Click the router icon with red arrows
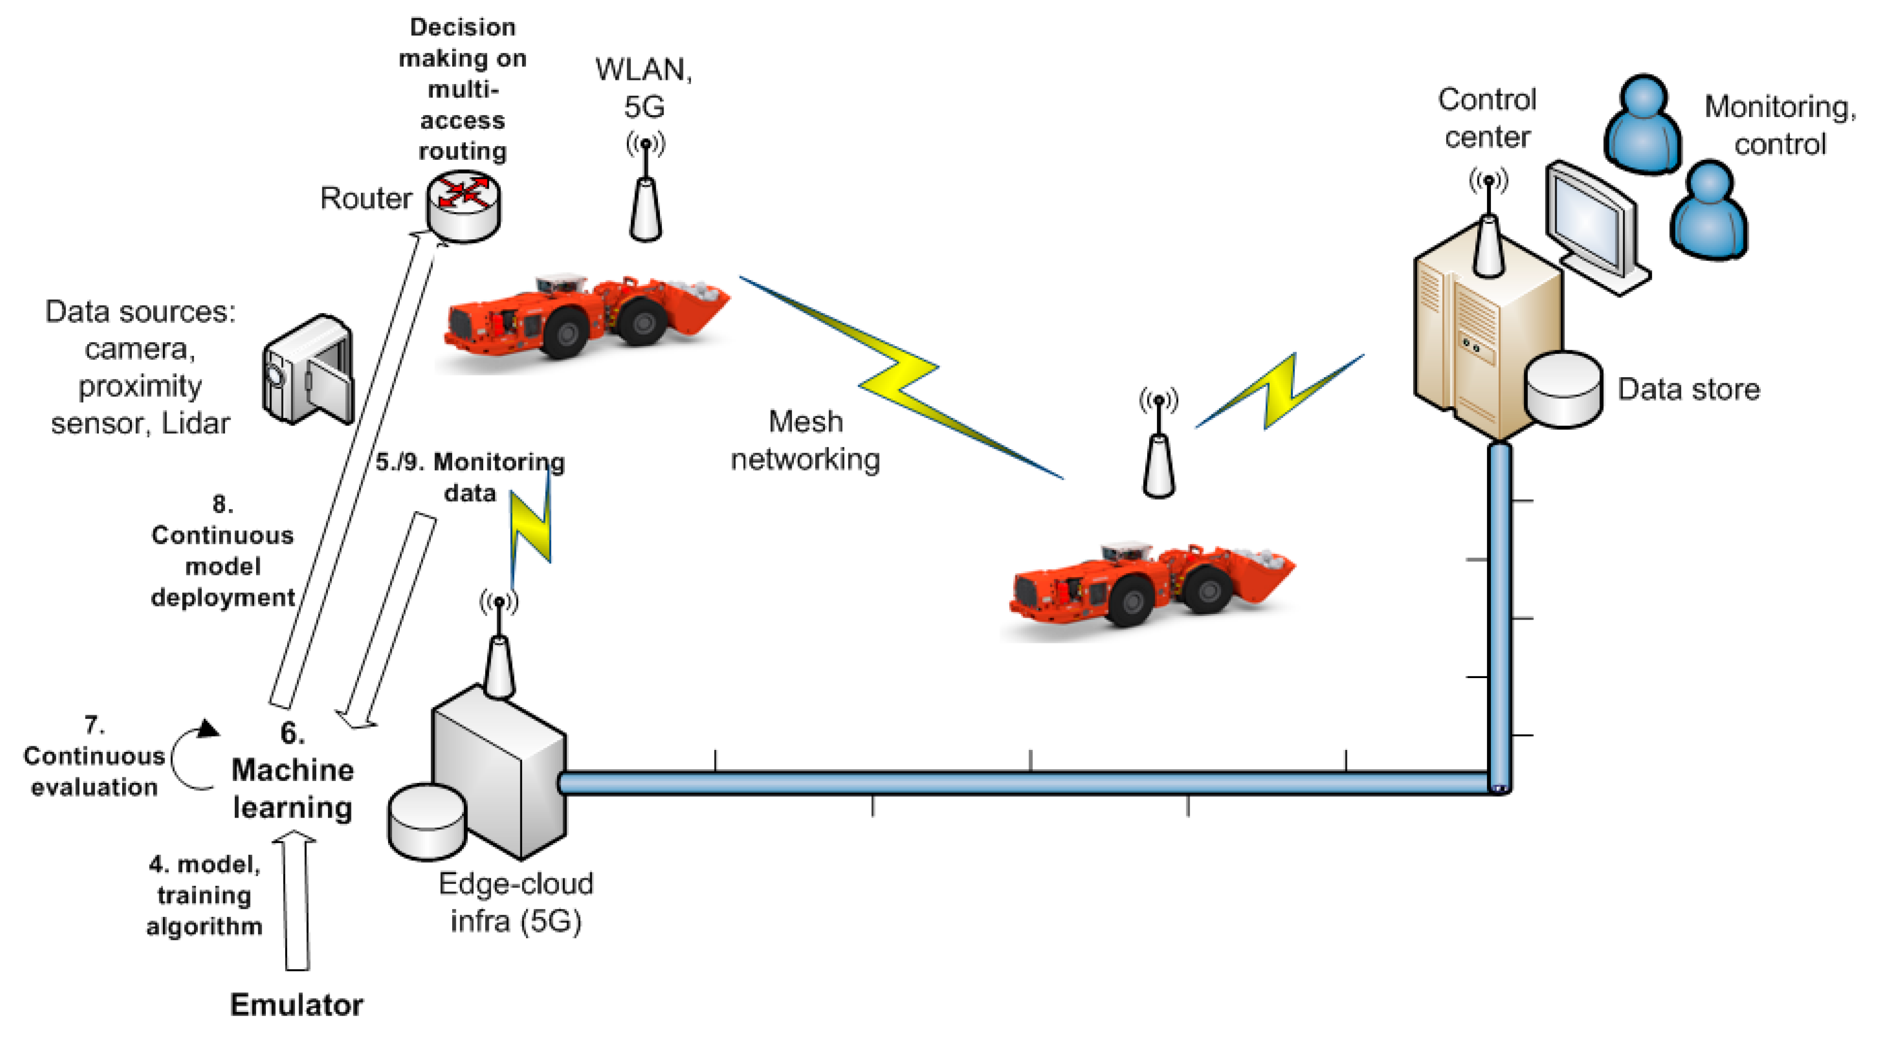point(464,206)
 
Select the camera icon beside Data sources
point(309,370)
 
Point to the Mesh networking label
point(805,440)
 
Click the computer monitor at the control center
point(1593,222)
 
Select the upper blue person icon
point(1643,124)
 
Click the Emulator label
point(296,1005)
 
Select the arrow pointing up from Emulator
point(297,904)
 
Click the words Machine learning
point(292,789)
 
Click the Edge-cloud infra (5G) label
point(515,902)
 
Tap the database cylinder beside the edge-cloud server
point(427,821)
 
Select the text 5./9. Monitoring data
point(469,478)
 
